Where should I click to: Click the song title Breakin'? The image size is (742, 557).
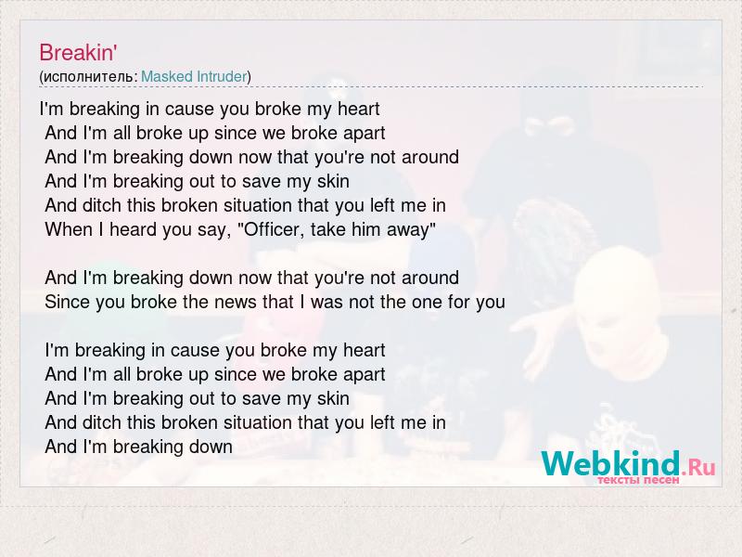pos(78,53)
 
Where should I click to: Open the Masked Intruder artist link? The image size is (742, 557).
pos(194,76)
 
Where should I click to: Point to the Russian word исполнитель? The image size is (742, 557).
pos(89,77)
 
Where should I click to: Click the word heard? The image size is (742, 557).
pos(133,229)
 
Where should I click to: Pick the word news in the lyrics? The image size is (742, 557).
pos(235,303)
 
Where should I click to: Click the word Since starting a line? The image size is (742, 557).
pos(67,303)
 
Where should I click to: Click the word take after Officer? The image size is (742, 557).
pos(328,229)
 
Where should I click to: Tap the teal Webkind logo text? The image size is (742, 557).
pos(610,463)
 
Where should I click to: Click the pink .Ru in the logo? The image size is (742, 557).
pos(698,468)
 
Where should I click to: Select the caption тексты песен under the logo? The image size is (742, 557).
pos(638,480)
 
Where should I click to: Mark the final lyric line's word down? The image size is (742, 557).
pos(211,447)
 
